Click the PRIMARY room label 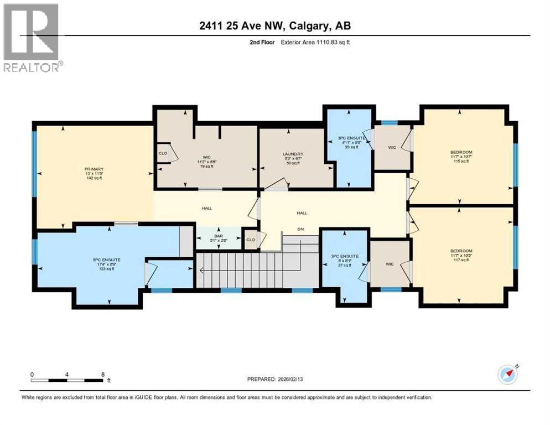tap(94, 172)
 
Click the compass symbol tap(507, 375)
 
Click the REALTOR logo tap(32, 37)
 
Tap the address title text tap(275, 25)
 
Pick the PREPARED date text tap(278, 380)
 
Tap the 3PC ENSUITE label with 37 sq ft tap(345, 260)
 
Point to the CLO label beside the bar tap(250, 240)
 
